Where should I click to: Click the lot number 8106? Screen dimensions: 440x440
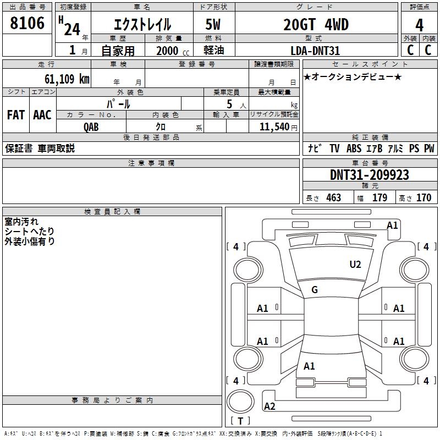[27, 23]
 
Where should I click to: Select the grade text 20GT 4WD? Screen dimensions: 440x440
[316, 24]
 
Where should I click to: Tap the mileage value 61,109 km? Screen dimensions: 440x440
[67, 79]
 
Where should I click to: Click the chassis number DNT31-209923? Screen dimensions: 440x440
[370, 175]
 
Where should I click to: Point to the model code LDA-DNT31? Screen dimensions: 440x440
[315, 51]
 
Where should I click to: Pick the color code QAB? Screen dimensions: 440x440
[91, 127]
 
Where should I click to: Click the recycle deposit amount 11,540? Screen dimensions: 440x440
[274, 127]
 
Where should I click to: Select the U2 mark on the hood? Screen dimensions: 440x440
[355, 265]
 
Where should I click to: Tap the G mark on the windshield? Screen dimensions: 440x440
[315, 290]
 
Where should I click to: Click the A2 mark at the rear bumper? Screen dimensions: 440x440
[269, 406]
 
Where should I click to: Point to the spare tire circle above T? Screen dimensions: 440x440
[240, 402]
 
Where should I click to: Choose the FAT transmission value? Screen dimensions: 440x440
[16, 115]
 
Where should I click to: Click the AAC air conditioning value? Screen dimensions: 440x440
[42, 115]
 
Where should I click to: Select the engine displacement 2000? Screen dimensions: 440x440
[167, 51]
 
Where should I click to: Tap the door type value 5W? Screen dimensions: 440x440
[213, 24]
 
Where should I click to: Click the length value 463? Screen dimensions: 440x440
[334, 197]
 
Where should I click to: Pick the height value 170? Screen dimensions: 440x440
[424, 197]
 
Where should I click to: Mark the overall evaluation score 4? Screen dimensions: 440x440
[419, 25]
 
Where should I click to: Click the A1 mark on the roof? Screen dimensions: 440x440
[309, 366]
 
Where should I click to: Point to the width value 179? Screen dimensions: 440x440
[380, 197]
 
